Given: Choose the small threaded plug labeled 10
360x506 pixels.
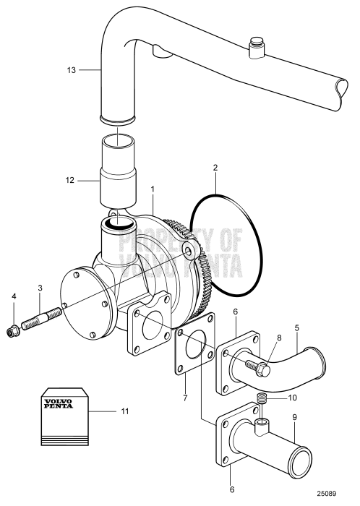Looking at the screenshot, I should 264,400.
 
